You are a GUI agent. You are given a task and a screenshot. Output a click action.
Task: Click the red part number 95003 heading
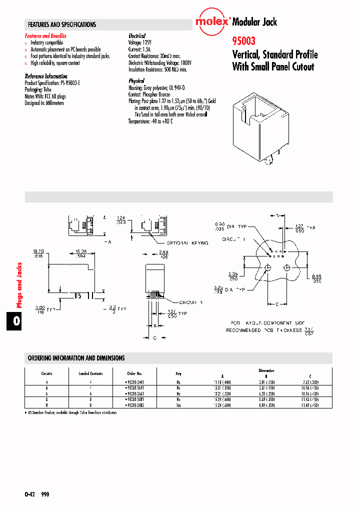click(242, 43)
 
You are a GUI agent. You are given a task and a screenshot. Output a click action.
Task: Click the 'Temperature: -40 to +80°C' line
click(150, 121)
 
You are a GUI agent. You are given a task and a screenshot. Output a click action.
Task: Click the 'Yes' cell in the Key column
click(178, 406)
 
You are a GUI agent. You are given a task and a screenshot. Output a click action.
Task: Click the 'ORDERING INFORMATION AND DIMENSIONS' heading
click(76, 358)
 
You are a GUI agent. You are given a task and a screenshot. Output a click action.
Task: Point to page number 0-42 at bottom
click(29, 494)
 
